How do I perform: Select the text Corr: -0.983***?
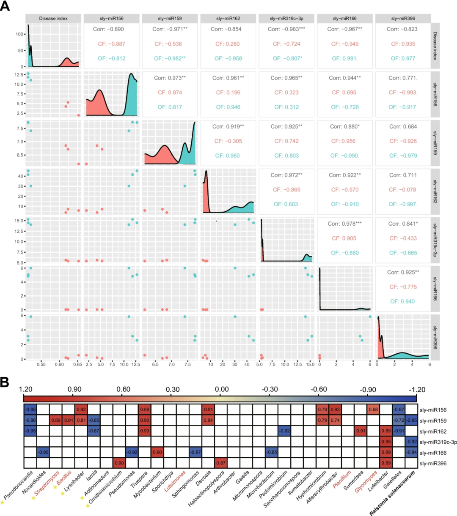coord(286,29)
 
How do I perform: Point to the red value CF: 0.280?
coord(228,44)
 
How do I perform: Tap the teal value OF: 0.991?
coord(344,58)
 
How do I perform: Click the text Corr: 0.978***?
coord(344,224)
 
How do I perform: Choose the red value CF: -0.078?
coord(403,190)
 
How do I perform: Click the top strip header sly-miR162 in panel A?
coord(228,19)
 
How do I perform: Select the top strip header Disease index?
coord(53,19)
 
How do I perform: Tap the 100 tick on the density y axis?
coord(20,34)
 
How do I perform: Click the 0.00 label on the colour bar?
coord(221,389)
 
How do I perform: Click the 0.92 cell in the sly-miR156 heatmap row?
coord(81,410)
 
